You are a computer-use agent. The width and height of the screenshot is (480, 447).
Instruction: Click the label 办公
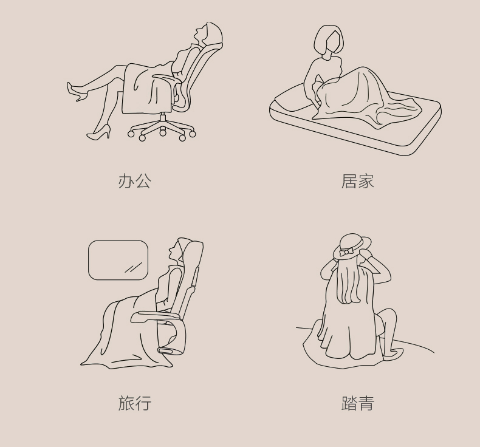tap(135, 181)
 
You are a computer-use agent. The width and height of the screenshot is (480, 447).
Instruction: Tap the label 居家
tap(357, 181)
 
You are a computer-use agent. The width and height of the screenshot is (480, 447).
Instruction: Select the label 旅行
tap(135, 403)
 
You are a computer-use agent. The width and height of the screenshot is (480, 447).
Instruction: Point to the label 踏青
tap(357, 403)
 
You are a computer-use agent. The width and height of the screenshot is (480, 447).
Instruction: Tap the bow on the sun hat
tap(346, 252)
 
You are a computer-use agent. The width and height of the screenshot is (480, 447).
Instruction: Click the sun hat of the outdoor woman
tap(352, 247)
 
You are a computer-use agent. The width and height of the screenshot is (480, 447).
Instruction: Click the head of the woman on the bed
tap(328, 39)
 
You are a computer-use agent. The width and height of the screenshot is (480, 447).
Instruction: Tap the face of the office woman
tap(199, 34)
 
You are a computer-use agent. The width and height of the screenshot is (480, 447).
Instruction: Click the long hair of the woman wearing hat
tap(349, 281)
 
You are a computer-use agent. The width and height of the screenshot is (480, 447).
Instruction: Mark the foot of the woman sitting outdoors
tap(393, 354)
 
